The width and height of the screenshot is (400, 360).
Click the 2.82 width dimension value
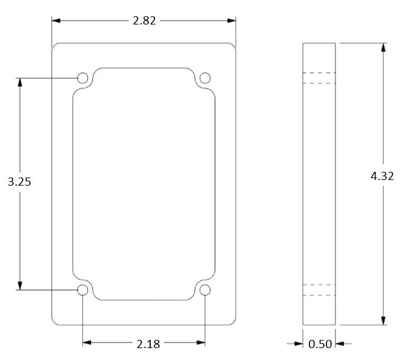click(x=144, y=21)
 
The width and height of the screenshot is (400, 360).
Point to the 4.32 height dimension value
click(x=382, y=177)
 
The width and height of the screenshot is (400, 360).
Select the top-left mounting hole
click(x=82, y=78)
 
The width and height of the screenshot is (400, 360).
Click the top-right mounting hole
click(x=205, y=78)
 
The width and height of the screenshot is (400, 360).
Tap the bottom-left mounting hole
click(x=82, y=290)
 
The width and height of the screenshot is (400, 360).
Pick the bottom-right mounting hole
click(x=205, y=290)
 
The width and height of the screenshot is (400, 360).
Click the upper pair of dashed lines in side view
click(x=319, y=78)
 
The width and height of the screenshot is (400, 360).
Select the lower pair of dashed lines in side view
click(x=319, y=290)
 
